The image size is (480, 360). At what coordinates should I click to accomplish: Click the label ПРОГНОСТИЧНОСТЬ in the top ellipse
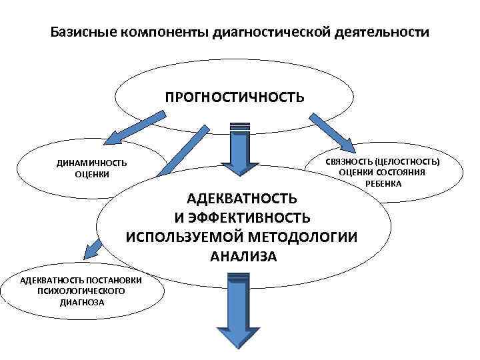tap(235, 98)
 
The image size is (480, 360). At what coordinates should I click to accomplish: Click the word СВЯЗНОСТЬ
tap(348, 161)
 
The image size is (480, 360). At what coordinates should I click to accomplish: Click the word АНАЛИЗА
tap(243, 256)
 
